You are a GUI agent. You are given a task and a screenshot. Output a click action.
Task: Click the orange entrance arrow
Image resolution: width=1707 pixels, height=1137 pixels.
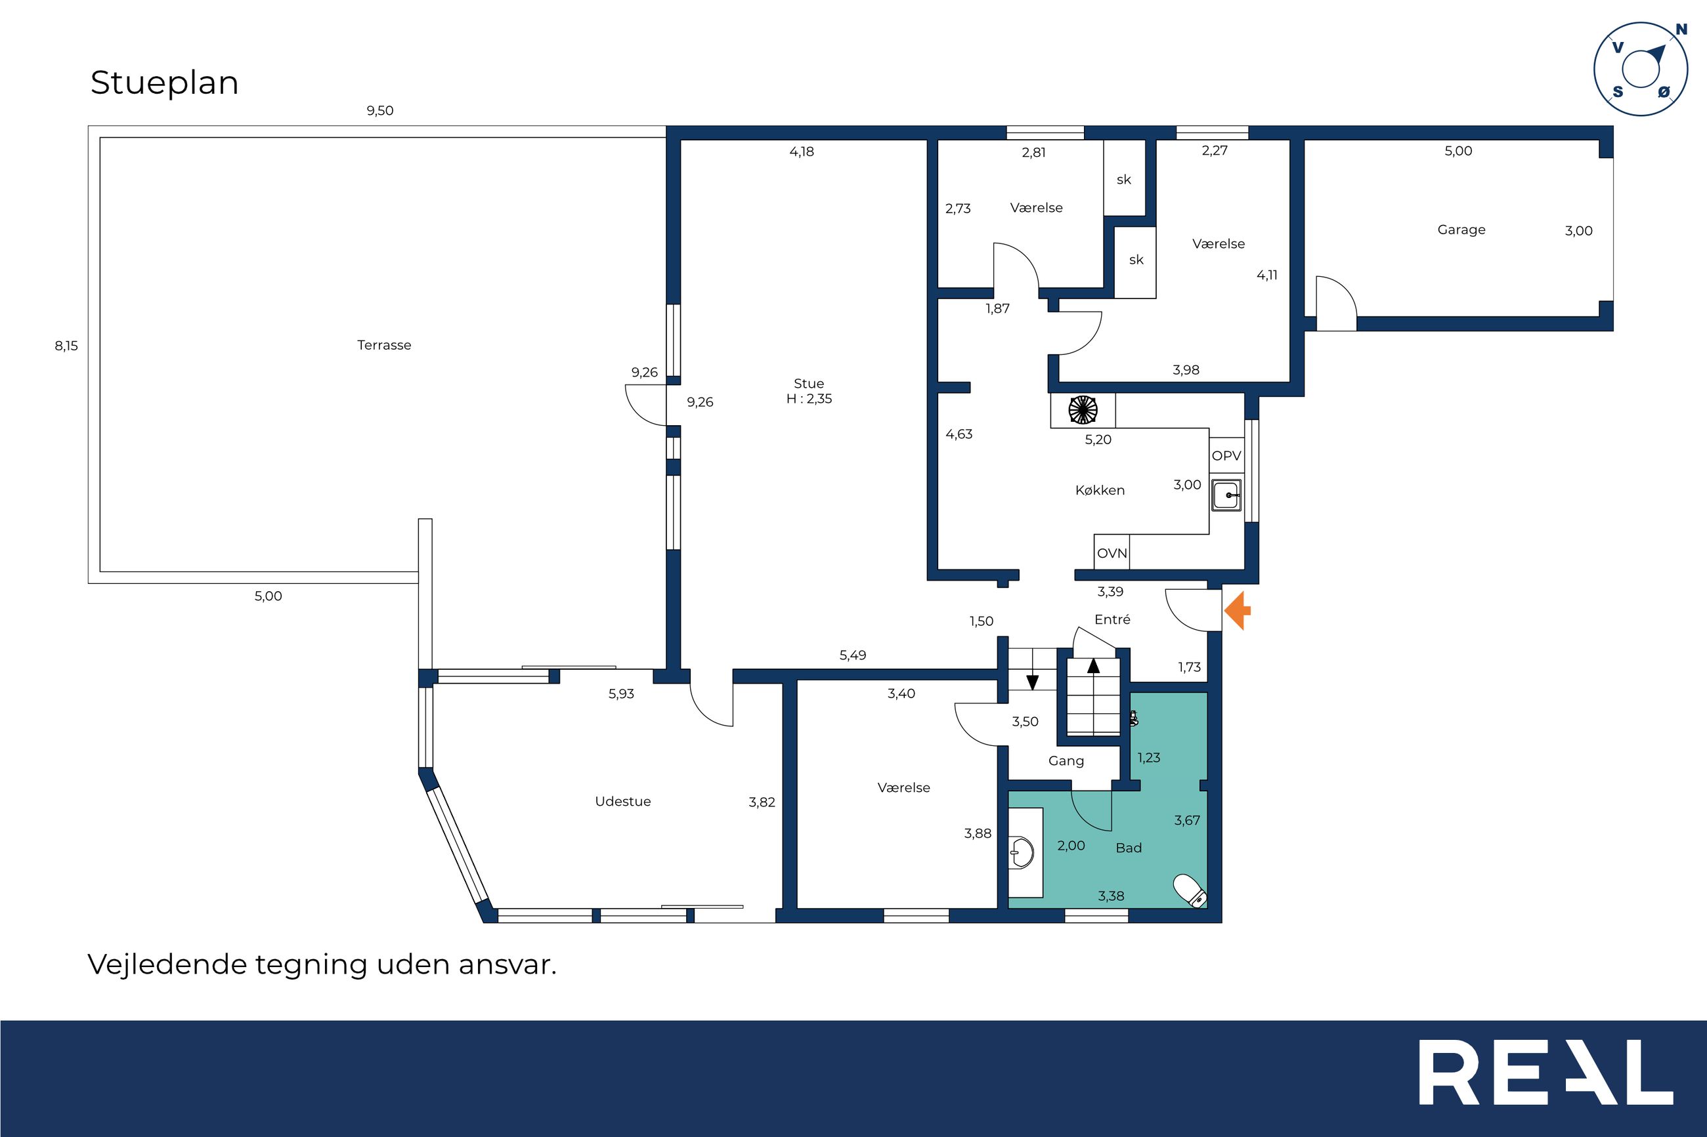(1238, 611)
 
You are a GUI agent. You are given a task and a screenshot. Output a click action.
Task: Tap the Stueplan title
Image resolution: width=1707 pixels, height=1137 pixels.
(165, 83)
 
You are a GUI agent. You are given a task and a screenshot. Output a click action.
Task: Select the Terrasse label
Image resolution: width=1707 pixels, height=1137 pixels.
(384, 345)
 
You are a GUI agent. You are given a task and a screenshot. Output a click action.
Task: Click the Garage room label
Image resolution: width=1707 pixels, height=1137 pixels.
(1461, 230)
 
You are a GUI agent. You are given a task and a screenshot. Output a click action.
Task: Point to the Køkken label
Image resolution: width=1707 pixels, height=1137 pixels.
(1100, 490)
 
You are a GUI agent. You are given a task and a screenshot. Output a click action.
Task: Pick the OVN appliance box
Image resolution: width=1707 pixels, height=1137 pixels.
(1112, 552)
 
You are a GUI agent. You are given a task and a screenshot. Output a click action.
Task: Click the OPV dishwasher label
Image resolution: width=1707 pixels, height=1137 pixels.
(1226, 455)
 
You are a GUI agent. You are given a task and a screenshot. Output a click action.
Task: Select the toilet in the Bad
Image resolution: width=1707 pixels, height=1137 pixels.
(1190, 890)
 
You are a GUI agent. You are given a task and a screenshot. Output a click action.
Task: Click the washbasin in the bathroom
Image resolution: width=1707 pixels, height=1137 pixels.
(1022, 853)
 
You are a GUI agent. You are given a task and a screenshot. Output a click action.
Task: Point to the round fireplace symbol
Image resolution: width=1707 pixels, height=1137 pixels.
(1083, 409)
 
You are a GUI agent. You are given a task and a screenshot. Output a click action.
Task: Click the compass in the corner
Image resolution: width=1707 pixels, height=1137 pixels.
(1640, 69)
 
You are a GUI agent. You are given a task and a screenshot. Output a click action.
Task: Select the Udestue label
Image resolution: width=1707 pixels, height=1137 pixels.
(622, 801)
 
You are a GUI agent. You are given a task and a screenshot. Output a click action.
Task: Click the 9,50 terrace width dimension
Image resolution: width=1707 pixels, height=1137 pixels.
(379, 111)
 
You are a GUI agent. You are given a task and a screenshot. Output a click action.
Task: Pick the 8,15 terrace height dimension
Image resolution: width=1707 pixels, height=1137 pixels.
(66, 346)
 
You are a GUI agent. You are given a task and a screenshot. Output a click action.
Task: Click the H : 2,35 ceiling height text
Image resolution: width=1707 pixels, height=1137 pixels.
(809, 399)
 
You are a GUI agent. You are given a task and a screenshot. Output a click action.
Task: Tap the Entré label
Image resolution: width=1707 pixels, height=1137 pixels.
(1112, 619)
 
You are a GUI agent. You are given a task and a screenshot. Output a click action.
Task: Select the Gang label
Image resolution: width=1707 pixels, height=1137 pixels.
(1066, 760)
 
